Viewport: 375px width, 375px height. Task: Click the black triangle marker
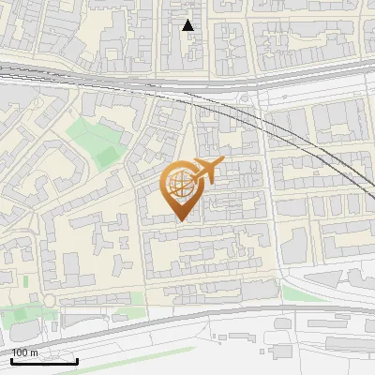coord(188,25)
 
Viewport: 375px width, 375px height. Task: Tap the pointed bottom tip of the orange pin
coord(180,221)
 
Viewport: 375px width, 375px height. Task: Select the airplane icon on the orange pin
coord(205,172)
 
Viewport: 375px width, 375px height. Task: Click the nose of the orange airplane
coord(222,162)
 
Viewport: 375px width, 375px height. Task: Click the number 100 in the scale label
coord(21,352)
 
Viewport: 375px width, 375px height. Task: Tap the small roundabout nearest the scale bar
coord(49,300)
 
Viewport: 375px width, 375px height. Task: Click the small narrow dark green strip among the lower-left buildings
coord(25,281)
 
